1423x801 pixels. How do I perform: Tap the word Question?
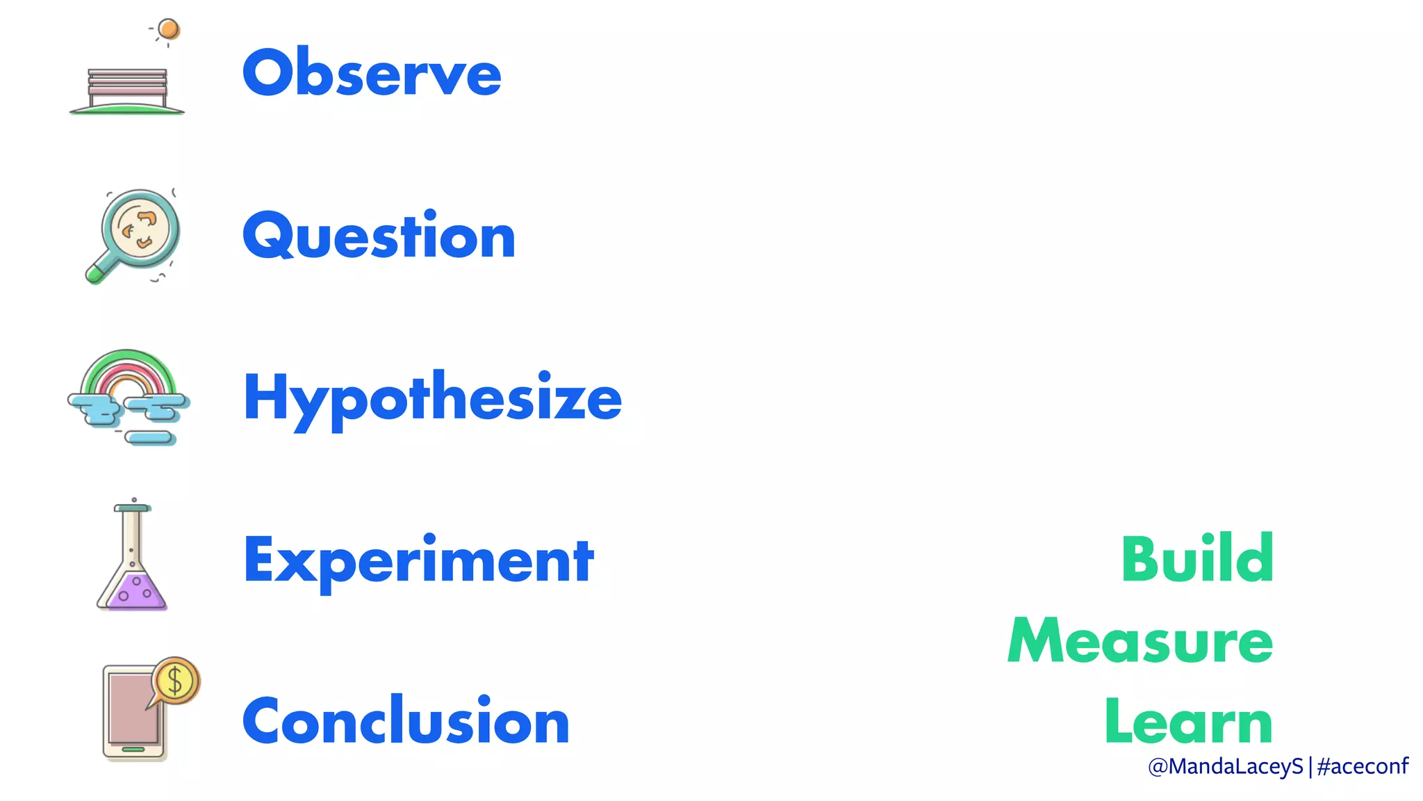pyautogui.click(x=379, y=236)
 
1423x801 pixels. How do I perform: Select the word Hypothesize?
pyautogui.click(x=432, y=398)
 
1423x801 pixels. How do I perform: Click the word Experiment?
pyautogui.click(x=418, y=560)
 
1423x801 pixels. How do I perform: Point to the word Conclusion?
pyautogui.click(x=406, y=721)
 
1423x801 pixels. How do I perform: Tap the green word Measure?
pyautogui.click(x=1140, y=640)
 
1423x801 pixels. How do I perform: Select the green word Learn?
pyautogui.click(x=1188, y=722)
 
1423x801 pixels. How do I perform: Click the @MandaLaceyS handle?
pyautogui.click(x=1225, y=766)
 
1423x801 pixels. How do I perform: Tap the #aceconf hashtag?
pyautogui.click(x=1362, y=766)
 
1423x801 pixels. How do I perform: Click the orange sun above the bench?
pyautogui.click(x=168, y=29)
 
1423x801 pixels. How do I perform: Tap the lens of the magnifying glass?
pyautogui.click(x=140, y=227)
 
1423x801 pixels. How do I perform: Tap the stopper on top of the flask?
pyautogui.click(x=132, y=508)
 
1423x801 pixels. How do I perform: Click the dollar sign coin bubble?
pyautogui.click(x=176, y=680)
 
